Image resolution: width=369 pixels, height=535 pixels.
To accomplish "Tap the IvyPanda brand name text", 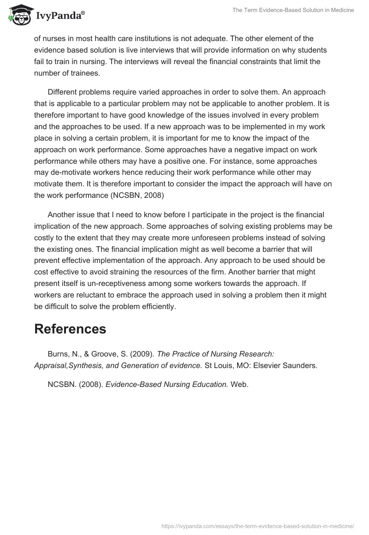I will pyautogui.click(x=60, y=17).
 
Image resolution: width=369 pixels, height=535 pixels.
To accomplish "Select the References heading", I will pyautogui.click(x=70, y=329).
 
